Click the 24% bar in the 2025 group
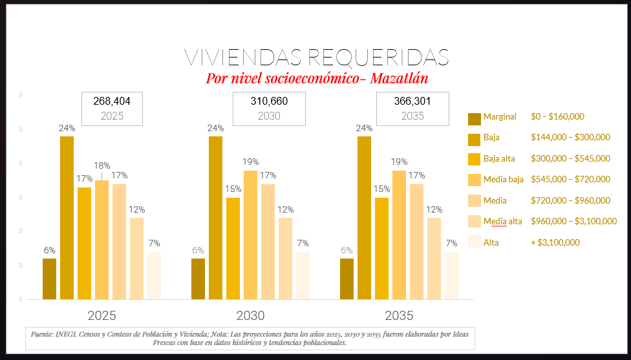click(x=67, y=218)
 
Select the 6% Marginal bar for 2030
click(x=198, y=279)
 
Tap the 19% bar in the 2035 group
click(x=400, y=235)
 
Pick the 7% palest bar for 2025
click(x=154, y=275)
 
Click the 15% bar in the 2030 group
click(x=233, y=248)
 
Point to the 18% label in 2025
click(x=102, y=165)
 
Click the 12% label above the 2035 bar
click(x=434, y=209)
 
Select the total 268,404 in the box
click(x=112, y=101)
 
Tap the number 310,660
click(x=269, y=101)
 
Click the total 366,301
click(x=412, y=101)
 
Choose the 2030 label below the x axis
click(x=250, y=316)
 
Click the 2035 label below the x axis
click(x=399, y=316)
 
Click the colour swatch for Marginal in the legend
click(x=475, y=118)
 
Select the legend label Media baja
click(x=503, y=179)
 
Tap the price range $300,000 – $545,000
click(x=570, y=158)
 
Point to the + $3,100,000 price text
click(x=555, y=242)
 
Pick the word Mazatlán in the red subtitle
click(x=396, y=78)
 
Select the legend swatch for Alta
click(x=475, y=242)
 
